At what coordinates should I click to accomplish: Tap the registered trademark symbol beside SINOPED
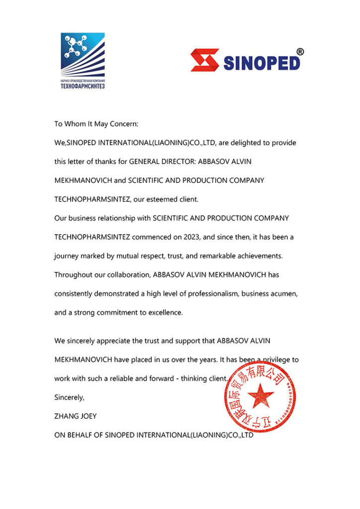[300, 51]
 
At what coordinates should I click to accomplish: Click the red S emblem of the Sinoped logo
[204, 60]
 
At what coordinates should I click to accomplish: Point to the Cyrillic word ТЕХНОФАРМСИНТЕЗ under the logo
[83, 86]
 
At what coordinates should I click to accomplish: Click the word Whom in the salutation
[77, 124]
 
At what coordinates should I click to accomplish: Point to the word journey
[67, 256]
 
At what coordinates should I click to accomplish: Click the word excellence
[167, 313]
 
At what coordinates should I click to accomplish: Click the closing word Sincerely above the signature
[69, 397]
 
